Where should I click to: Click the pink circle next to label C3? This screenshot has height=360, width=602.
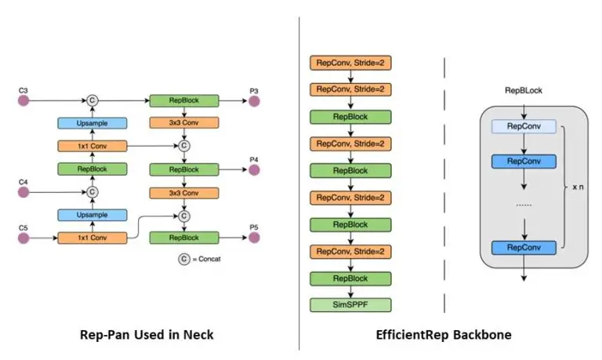tap(24, 101)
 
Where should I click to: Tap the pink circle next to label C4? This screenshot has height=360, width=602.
tap(24, 191)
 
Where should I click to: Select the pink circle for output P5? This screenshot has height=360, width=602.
tap(254, 237)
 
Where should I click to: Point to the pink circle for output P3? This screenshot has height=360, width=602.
tap(254, 101)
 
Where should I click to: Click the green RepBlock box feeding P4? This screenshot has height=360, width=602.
tap(184, 169)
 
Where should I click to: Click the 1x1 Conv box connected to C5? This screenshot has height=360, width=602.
tap(92, 237)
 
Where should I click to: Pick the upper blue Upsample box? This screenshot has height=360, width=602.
tap(92, 123)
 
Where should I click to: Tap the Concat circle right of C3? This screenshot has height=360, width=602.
tap(92, 101)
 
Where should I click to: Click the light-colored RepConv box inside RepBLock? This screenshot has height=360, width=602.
tap(523, 125)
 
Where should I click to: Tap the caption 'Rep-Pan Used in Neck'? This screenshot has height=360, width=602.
tap(147, 335)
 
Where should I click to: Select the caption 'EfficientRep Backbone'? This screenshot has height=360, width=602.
tap(444, 335)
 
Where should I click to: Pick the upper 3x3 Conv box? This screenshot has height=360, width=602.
tap(184, 123)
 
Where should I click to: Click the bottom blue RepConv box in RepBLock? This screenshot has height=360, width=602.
tap(523, 248)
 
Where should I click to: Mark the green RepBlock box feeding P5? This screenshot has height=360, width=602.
tap(184, 237)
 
